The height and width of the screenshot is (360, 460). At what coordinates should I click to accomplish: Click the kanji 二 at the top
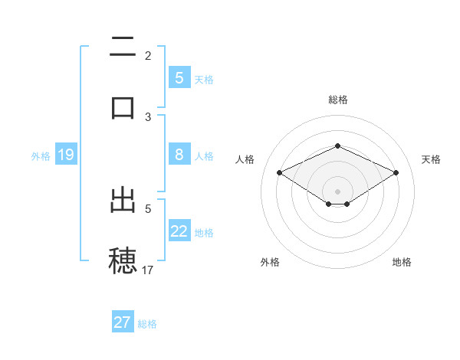click(x=123, y=48)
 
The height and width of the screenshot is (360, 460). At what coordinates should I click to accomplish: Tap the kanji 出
click(x=123, y=200)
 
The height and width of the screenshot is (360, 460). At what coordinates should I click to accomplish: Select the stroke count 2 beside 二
click(x=148, y=55)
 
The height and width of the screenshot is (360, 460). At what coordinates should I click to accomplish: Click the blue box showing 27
click(x=123, y=322)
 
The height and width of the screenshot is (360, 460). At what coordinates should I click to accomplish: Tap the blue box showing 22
click(x=179, y=231)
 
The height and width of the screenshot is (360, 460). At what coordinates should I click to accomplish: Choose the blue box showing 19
click(x=66, y=155)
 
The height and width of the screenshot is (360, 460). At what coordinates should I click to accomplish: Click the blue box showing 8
click(x=179, y=155)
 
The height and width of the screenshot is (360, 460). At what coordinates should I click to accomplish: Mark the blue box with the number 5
click(x=179, y=77)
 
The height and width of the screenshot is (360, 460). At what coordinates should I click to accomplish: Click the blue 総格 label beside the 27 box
click(x=147, y=324)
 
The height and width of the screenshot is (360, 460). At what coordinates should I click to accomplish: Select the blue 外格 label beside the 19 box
click(x=41, y=156)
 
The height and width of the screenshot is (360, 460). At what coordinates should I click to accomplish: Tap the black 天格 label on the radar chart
click(x=431, y=159)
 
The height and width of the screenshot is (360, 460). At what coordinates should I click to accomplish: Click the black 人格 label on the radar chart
click(x=245, y=159)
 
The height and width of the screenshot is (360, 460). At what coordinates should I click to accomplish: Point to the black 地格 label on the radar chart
click(x=402, y=262)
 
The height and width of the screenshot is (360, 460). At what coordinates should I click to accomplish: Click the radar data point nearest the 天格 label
click(x=396, y=173)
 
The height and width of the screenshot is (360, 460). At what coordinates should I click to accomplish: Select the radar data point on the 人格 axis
click(x=279, y=173)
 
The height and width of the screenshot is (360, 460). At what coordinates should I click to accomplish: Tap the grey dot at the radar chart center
click(x=337, y=191)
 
